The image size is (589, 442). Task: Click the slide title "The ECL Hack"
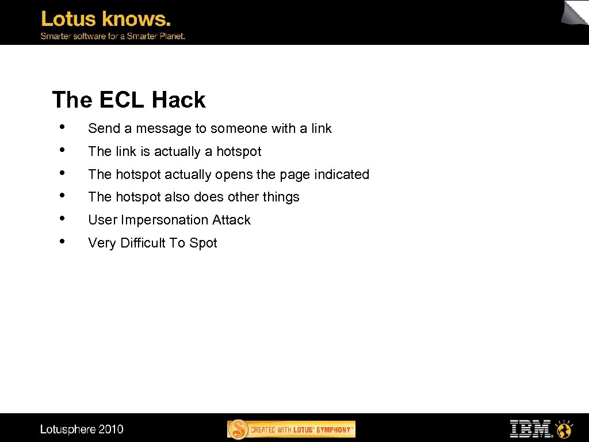click(128, 100)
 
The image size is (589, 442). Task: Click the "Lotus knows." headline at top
click(106, 19)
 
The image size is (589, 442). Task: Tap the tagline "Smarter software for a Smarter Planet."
click(112, 36)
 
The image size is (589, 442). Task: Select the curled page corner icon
click(575, 13)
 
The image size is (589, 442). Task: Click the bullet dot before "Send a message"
click(61, 127)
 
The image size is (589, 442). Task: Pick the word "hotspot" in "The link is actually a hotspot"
click(239, 151)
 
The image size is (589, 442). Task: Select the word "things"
click(281, 197)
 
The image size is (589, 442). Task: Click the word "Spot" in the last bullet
click(203, 243)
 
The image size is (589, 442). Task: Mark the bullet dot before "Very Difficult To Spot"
click(61, 241)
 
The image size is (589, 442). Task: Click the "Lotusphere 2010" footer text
click(82, 429)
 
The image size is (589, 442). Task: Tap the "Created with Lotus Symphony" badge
click(291, 429)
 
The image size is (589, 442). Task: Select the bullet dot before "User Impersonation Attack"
click(61, 218)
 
